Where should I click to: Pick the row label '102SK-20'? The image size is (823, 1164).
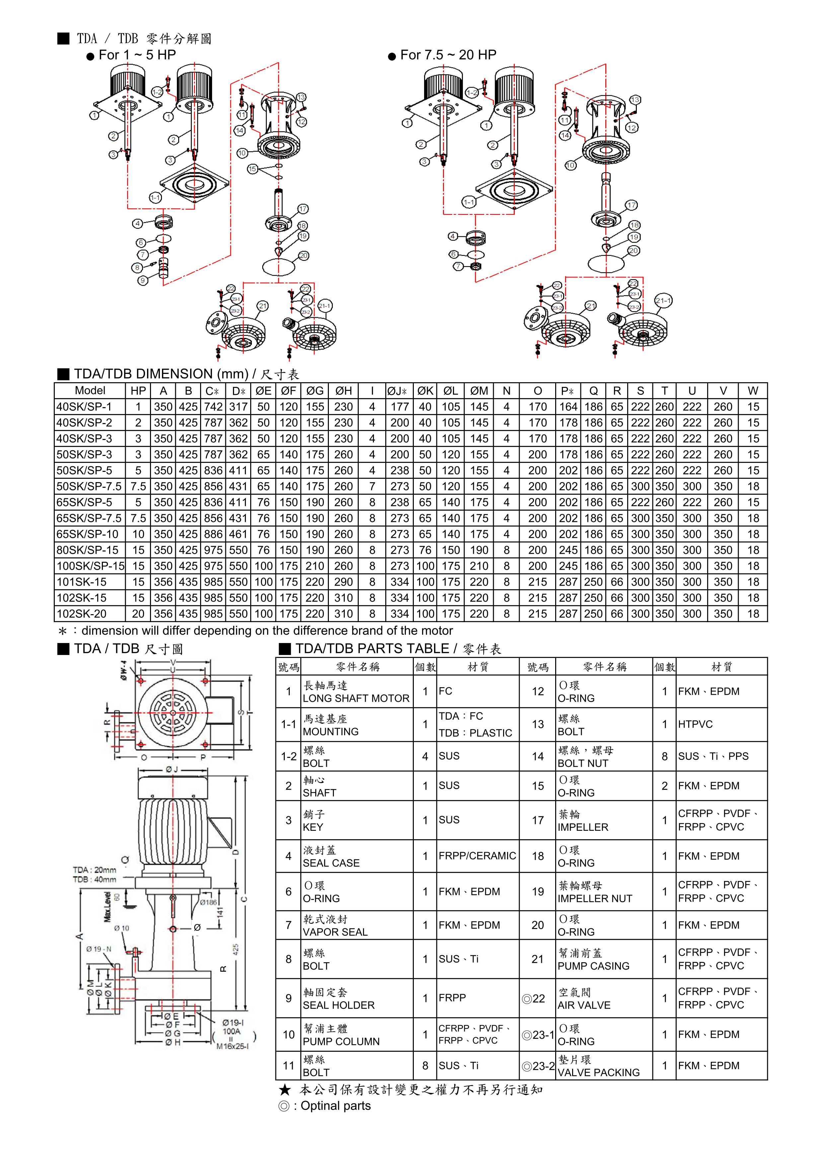82,614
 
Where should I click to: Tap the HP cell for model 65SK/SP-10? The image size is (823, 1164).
138,534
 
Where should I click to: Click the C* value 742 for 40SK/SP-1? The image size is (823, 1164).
213,407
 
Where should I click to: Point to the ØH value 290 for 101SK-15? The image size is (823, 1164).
343,582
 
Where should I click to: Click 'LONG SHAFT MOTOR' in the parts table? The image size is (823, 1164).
356,698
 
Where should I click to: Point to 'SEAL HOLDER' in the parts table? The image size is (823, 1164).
338,1005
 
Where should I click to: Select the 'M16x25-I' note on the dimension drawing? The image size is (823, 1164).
232,1046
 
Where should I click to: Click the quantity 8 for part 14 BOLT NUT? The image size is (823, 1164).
664,757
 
